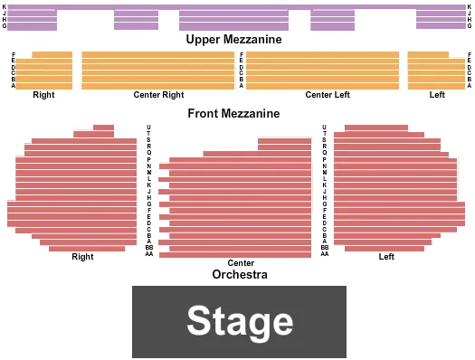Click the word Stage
coord(240,321)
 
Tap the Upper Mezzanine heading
coord(233,40)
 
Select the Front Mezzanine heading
coord(233,114)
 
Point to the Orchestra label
coord(240,274)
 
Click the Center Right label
coord(158,95)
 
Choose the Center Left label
coord(327,95)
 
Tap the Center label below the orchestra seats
coord(241,262)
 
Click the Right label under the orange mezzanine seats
coord(43,95)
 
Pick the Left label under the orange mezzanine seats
coord(437,95)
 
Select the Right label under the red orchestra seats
coord(82,257)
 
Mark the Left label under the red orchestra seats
coord(386,257)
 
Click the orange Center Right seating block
coord(157,70)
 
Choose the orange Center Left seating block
coord(322,70)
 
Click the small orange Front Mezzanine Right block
coord(43,71)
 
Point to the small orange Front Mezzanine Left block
coord(434,71)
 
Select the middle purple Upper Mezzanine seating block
coord(233,20)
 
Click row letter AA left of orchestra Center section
coord(149,254)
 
